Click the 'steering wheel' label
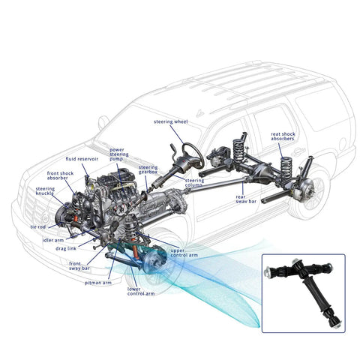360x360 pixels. tap(170, 122)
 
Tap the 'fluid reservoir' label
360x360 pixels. tap(82, 159)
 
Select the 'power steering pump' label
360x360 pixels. tap(119, 154)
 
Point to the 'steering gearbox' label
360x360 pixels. tap(148, 169)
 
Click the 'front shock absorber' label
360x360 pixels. tap(60, 175)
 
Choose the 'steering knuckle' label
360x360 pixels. tap(45, 191)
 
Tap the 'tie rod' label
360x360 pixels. tap(38, 227)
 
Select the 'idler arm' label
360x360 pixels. tap(53, 240)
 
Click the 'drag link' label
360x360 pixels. tap(66, 249)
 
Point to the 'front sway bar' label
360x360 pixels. tap(79, 266)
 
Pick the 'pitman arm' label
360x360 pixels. tap(98, 283)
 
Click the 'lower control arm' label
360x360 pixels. tap(141, 292)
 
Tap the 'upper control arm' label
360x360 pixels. tap(184, 253)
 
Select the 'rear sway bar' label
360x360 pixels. tap(246, 199)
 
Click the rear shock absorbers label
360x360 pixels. tap(283, 136)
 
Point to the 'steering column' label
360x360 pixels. tap(194, 183)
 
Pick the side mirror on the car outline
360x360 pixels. tap(103, 122)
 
